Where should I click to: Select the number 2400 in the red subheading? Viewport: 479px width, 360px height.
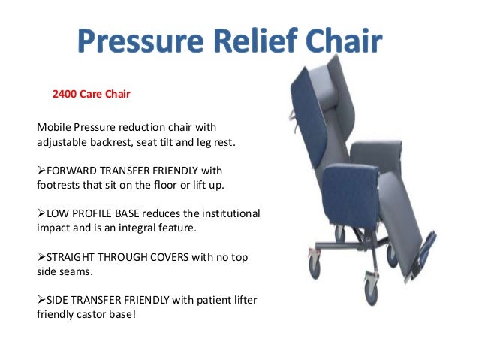coord(65,95)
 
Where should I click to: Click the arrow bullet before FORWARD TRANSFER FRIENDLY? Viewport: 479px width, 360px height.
coord(41,170)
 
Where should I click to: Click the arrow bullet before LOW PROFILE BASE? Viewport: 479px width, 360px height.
coord(41,213)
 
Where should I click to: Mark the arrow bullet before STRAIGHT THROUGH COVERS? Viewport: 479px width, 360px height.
coord(41,257)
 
